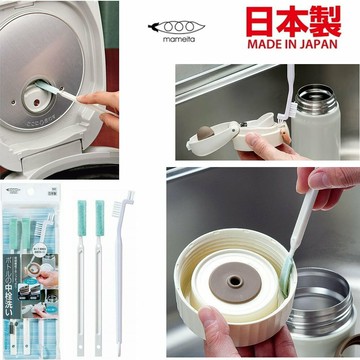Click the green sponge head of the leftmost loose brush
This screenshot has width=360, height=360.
[x=81, y=212]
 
